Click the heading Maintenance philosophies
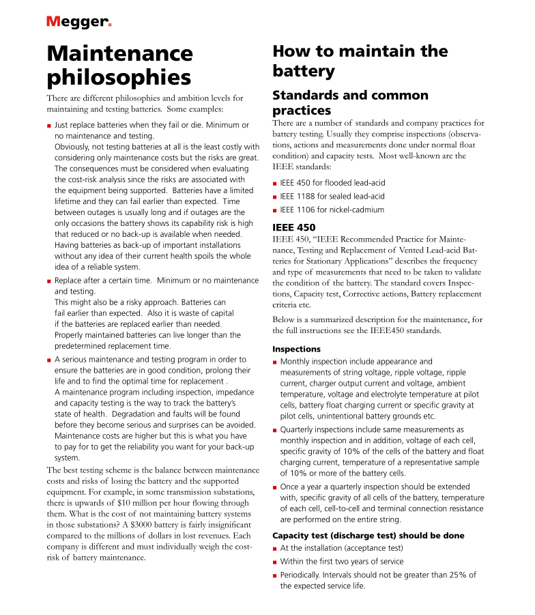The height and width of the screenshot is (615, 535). [x=119, y=64]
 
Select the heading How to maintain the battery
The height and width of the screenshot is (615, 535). [x=360, y=61]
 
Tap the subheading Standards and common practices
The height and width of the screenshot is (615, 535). [x=350, y=102]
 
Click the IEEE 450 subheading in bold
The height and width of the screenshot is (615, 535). [x=293, y=227]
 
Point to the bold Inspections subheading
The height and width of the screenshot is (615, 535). [x=297, y=349]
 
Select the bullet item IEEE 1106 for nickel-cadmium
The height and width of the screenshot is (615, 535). [x=332, y=210]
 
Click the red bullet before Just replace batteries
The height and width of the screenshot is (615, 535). [x=49, y=126]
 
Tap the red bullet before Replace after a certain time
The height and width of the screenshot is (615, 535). [x=49, y=281]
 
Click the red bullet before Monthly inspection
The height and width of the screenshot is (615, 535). [x=274, y=362]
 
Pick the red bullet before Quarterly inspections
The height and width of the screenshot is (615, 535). [x=274, y=430]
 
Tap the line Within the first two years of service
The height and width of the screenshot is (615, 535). [x=341, y=562]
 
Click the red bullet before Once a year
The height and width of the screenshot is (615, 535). [x=274, y=487]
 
